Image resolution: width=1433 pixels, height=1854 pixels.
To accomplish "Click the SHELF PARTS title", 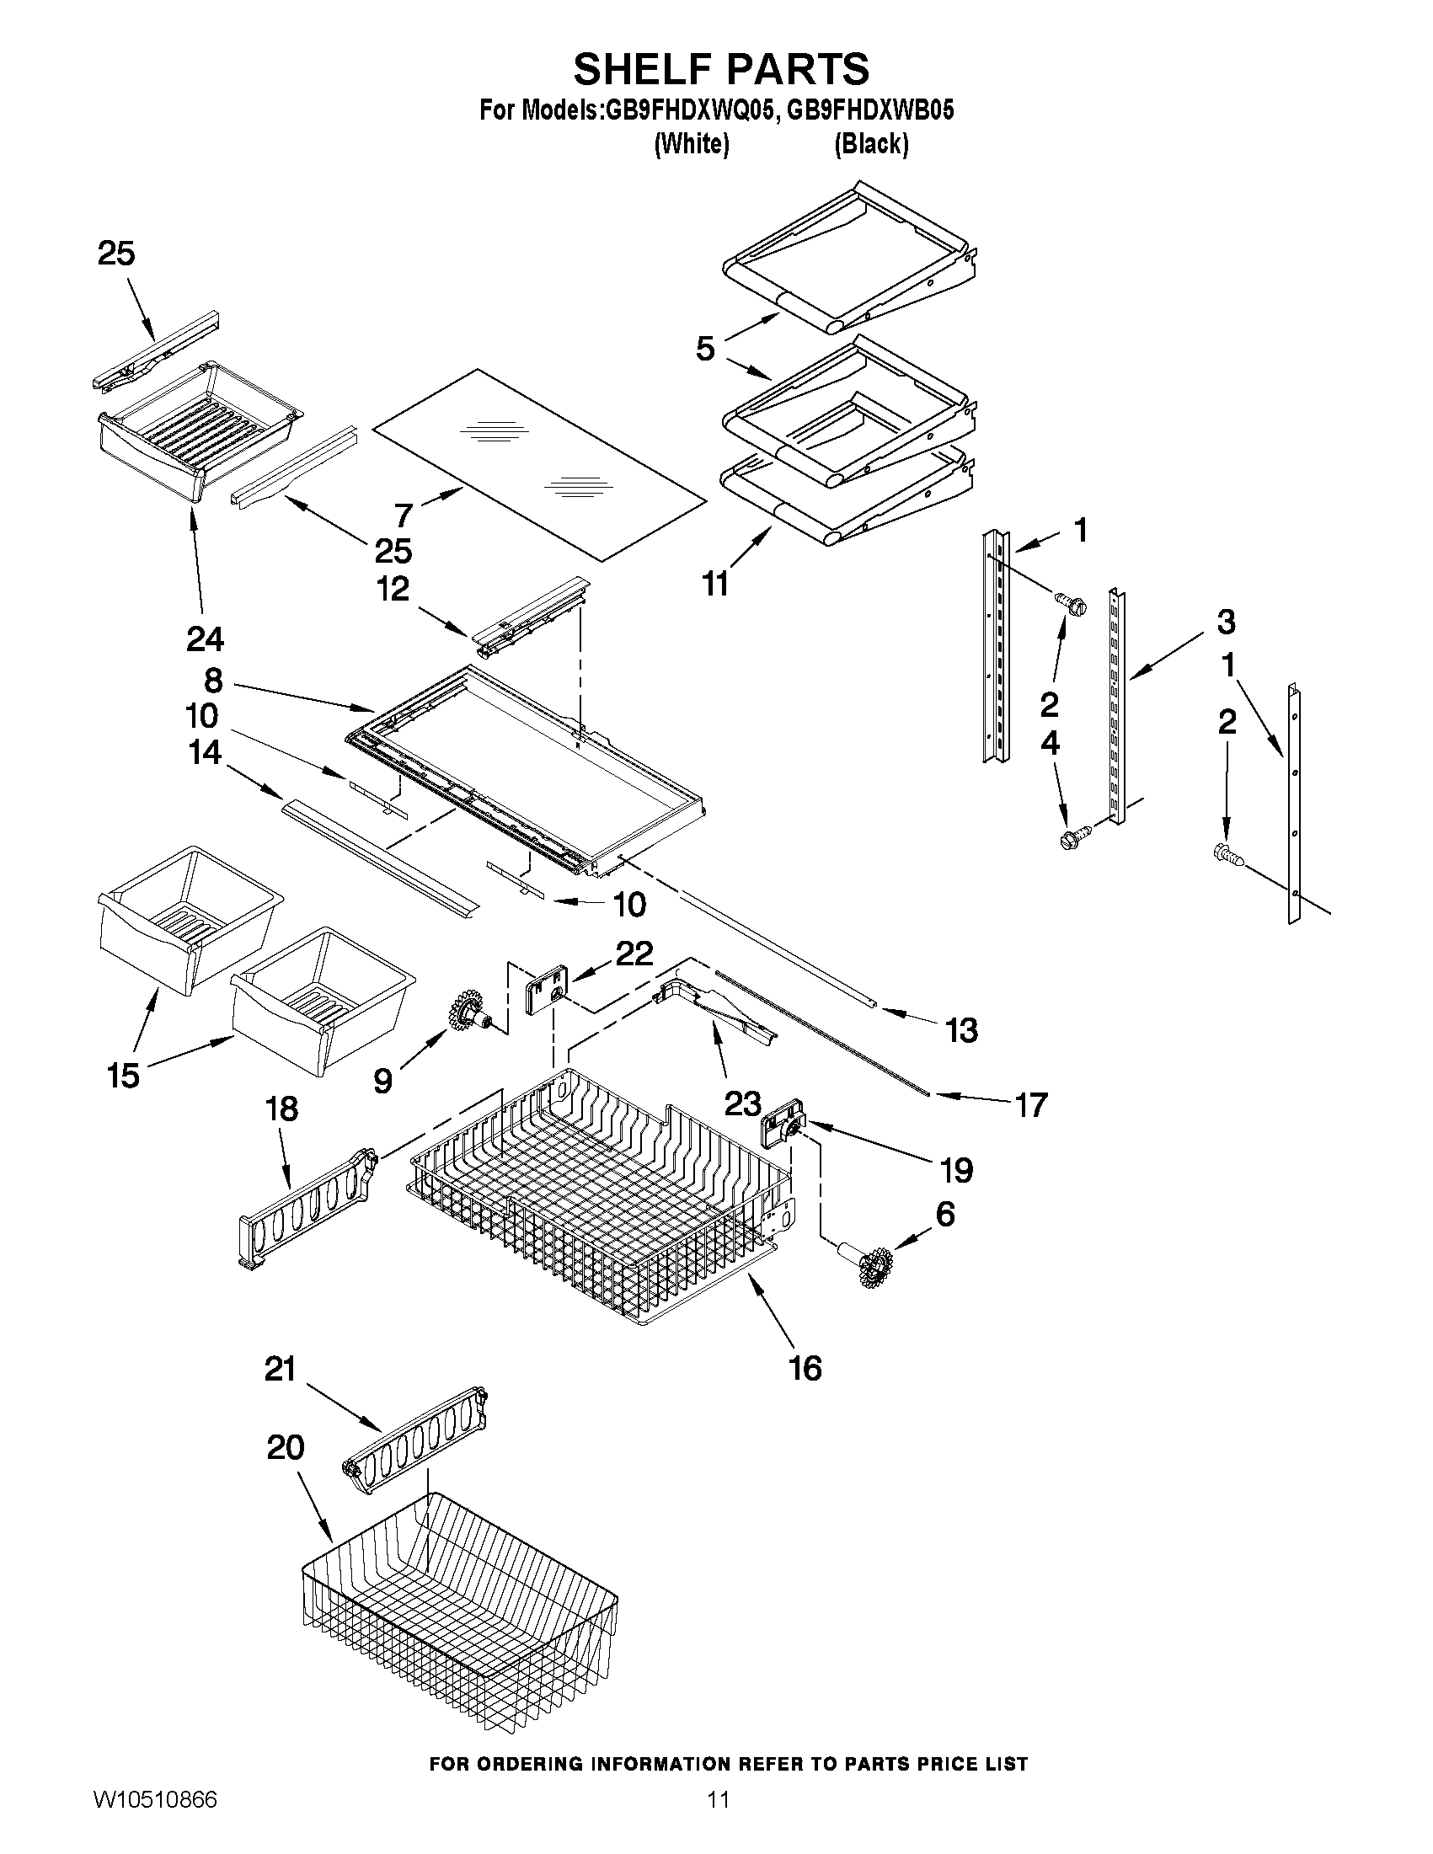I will tap(721, 69).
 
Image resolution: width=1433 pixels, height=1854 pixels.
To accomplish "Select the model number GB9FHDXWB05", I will tap(870, 110).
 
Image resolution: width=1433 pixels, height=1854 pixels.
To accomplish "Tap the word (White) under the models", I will tap(691, 144).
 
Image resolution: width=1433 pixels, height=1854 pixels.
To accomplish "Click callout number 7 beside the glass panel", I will tap(404, 515).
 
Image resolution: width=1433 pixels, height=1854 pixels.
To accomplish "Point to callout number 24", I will tap(205, 638).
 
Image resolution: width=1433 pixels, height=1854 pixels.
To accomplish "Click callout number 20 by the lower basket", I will tap(286, 1446).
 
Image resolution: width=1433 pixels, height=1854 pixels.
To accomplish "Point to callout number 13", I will tap(961, 1030).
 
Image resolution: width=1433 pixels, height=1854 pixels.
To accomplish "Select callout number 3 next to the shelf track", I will tap(1225, 622).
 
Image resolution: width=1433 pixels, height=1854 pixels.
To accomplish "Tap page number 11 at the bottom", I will tap(719, 1823).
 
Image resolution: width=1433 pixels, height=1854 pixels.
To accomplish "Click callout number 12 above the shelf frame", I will tap(393, 589).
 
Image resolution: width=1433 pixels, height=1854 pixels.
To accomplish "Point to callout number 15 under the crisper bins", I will tap(123, 1076).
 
